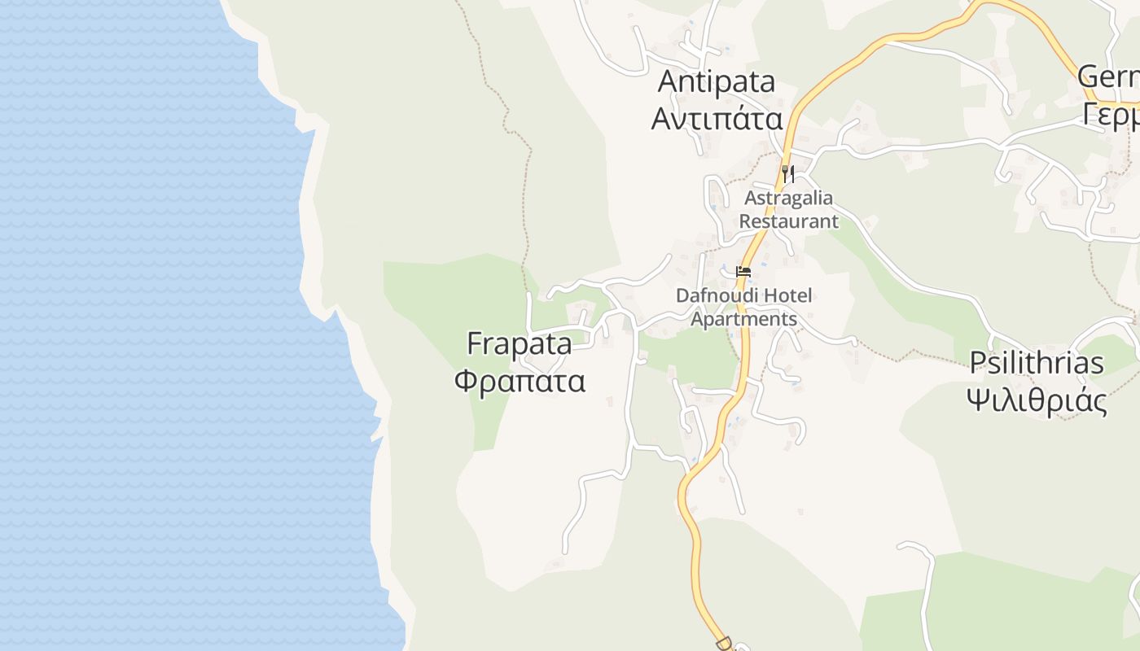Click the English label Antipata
click(717, 81)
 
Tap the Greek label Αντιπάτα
click(717, 120)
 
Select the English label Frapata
click(520, 343)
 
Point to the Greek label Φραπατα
click(520, 381)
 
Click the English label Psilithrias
click(1037, 363)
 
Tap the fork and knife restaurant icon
click(787, 173)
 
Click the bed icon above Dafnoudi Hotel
click(743, 272)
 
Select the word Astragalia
click(789, 199)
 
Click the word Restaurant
click(788, 221)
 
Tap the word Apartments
click(743, 318)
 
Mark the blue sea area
click(147, 325)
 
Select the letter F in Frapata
click(475, 343)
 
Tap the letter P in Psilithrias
click(977, 363)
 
